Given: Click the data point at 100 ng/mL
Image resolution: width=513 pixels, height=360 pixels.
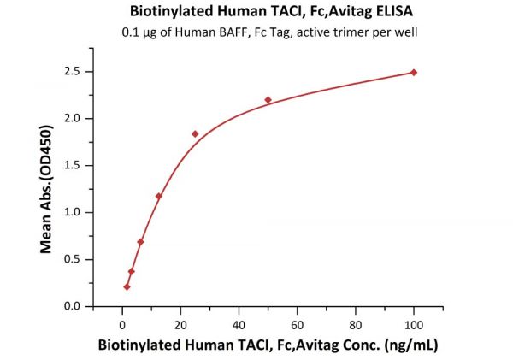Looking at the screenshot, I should [414, 72].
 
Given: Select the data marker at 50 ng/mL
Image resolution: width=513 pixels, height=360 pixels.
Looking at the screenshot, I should [268, 100].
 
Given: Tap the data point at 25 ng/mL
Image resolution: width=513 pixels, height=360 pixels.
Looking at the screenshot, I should [195, 133].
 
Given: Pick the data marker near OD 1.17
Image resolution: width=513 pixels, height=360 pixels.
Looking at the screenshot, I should [159, 196].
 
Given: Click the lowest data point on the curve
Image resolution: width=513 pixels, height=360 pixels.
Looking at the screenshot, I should [127, 286].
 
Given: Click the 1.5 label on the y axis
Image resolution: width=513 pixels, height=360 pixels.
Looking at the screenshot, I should [77, 165].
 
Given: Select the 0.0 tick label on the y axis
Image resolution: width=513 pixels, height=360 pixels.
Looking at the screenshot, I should [77, 306].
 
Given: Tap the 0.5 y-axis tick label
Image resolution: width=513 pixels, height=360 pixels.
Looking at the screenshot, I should [77, 259].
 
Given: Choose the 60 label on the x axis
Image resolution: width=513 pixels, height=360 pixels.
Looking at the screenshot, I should [297, 324].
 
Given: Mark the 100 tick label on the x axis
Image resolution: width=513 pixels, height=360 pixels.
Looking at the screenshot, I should [414, 324].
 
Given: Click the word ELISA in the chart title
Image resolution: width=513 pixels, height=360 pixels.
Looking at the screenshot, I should [361, 12].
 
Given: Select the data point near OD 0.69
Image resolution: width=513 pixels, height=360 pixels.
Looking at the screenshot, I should [140, 242].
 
